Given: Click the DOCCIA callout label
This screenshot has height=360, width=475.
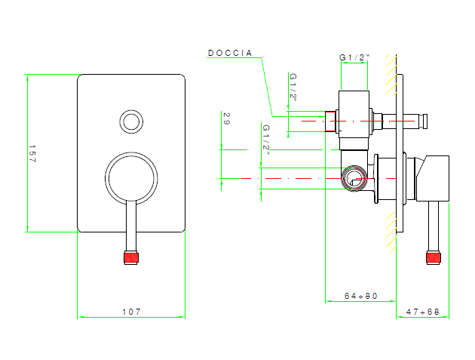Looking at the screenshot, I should (x=230, y=53).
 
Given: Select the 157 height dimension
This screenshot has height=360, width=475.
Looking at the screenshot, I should (x=32, y=154).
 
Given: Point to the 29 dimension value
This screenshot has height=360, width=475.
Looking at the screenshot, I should (x=226, y=119).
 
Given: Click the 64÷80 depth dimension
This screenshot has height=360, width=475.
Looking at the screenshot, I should (x=360, y=296).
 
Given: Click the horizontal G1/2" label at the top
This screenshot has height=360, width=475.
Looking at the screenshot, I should (x=354, y=57).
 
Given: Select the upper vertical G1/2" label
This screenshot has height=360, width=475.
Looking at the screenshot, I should (x=293, y=86).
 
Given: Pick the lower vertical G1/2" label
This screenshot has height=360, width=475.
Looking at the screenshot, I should (x=266, y=137).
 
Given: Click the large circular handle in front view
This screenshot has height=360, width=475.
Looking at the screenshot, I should (x=132, y=178).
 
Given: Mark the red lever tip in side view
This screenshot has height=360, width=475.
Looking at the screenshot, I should (x=434, y=258).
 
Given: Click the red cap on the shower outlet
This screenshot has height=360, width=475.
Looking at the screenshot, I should (x=329, y=119).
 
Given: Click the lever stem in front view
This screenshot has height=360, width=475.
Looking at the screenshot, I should (x=132, y=226).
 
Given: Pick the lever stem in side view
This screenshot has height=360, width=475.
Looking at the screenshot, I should (x=434, y=226).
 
